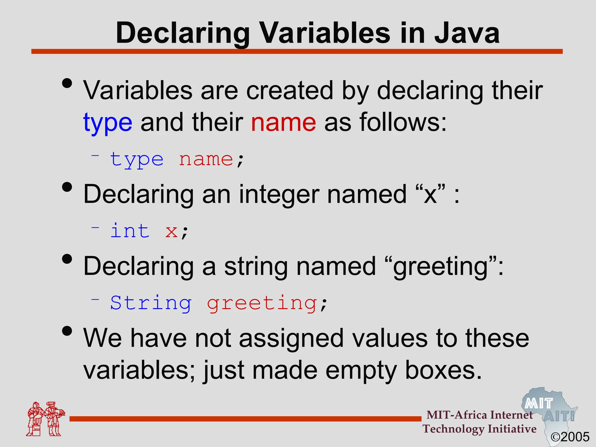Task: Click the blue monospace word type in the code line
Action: pos(137,160)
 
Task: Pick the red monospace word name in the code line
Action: pos(206,159)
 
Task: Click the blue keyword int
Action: pos(130,231)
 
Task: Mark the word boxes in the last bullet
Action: pos(443,370)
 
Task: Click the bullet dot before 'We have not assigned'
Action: pos(67,331)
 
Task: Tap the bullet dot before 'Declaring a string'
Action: pos(67,259)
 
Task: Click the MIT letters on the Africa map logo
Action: pos(539,404)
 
